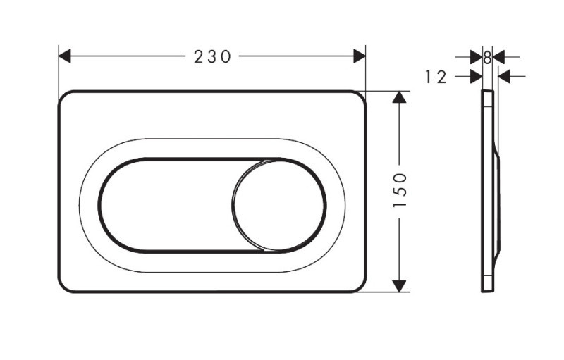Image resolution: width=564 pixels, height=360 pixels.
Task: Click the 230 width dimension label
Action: (212, 57)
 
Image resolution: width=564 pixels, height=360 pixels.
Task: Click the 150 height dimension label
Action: (400, 190)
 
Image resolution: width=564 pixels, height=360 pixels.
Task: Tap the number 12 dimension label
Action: (436, 77)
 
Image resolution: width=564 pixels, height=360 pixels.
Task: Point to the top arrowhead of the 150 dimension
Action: (400, 97)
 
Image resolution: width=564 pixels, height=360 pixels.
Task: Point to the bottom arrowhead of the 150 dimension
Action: (400, 285)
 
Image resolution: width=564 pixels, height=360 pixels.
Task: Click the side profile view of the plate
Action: (491, 190)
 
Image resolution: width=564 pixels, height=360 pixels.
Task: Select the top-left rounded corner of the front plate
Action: (64, 97)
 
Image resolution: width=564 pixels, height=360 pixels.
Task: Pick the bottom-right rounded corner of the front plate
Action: (360, 286)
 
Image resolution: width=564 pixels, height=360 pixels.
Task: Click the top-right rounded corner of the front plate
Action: (360, 97)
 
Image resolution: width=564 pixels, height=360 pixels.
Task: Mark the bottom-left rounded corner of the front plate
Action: (64, 286)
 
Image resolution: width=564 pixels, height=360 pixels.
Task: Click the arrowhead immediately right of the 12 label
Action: (477, 76)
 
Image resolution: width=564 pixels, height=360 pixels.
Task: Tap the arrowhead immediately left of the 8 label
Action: (477, 57)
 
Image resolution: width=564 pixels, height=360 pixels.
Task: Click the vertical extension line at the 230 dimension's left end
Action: (59, 70)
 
